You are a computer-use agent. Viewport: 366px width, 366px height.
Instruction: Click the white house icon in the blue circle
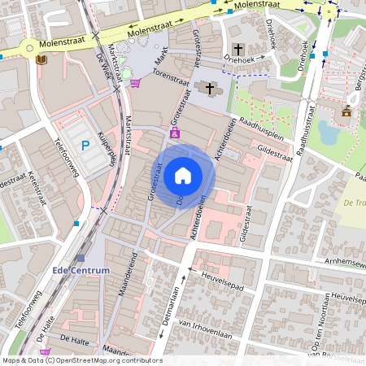point(183,176)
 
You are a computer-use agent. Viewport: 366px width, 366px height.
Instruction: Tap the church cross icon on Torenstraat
point(210,88)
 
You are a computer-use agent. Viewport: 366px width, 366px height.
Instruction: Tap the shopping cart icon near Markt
point(134,82)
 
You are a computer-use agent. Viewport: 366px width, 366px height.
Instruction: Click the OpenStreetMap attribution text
point(81,360)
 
